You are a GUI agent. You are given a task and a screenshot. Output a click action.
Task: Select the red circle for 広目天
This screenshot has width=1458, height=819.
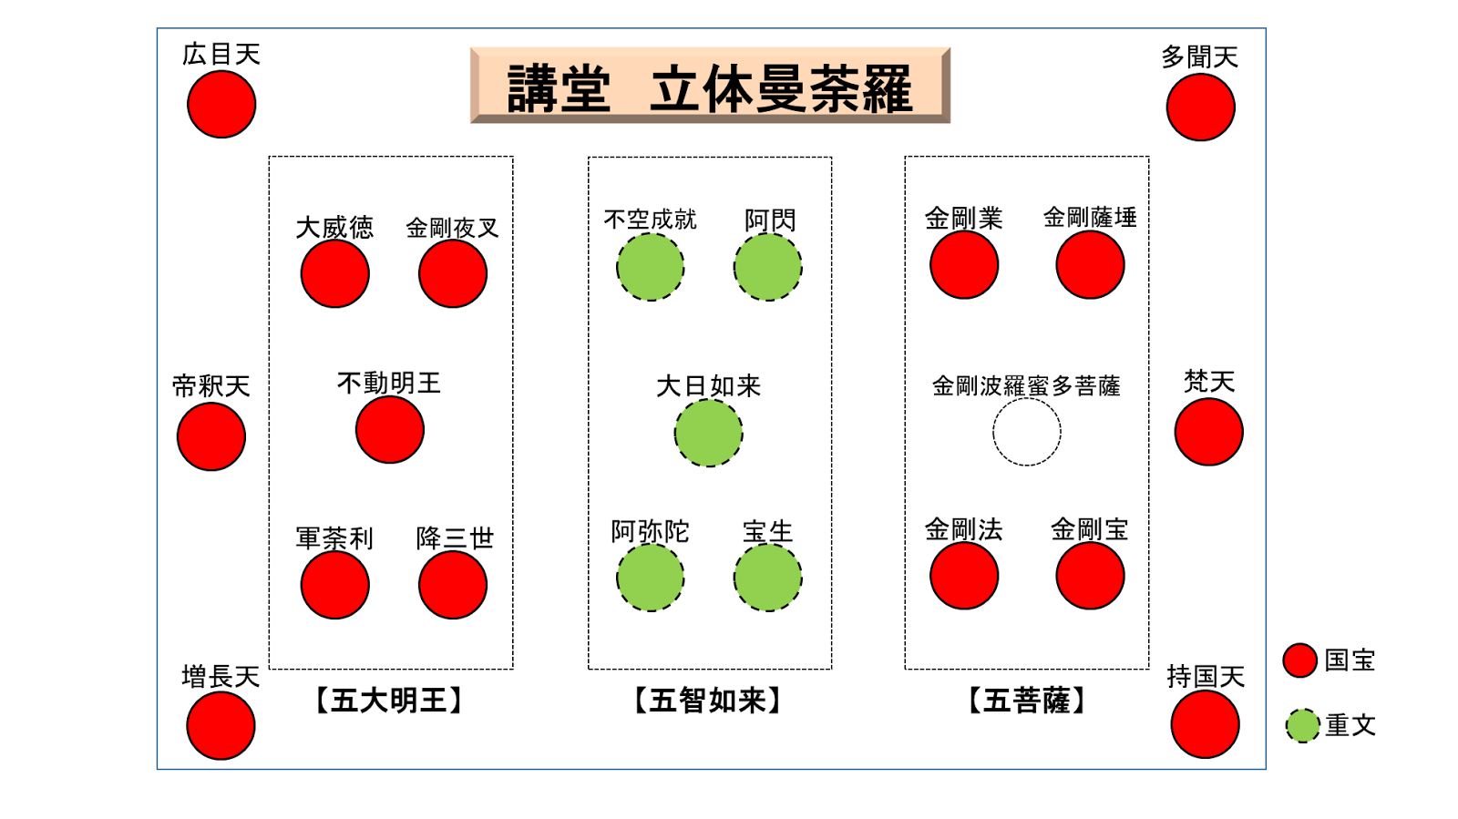[x=221, y=105]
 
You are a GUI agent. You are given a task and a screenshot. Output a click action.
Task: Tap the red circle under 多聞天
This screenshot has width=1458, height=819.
[x=1200, y=107]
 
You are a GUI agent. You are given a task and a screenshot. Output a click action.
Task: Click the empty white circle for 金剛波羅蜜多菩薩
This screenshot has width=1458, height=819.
[x=1026, y=432]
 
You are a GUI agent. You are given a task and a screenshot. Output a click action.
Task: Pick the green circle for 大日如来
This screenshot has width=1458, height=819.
[x=708, y=433]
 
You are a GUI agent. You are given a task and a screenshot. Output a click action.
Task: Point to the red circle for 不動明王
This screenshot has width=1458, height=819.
[x=390, y=429]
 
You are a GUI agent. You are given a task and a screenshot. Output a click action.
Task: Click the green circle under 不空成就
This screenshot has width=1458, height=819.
[x=650, y=267]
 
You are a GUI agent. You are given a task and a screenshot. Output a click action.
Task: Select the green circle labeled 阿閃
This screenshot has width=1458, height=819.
[x=767, y=267]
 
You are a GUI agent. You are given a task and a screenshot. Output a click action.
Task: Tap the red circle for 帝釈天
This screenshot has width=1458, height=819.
[x=211, y=436]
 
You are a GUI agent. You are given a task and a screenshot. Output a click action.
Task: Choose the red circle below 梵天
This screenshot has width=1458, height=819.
[x=1208, y=432]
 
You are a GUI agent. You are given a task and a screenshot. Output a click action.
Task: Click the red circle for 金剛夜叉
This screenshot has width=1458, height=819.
[x=453, y=273]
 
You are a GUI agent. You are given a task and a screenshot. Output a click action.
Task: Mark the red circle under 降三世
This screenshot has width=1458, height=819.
[x=453, y=585]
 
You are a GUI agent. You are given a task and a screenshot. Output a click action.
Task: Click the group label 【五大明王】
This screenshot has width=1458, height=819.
[x=389, y=701]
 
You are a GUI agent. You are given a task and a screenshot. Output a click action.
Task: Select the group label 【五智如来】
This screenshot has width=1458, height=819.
[x=708, y=701]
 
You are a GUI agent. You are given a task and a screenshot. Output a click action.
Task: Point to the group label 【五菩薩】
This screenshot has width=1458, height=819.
[x=1026, y=701]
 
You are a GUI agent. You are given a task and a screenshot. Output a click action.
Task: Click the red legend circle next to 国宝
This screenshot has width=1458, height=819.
[x=1299, y=660]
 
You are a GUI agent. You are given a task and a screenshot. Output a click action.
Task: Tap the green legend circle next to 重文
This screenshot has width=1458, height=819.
[x=1302, y=725]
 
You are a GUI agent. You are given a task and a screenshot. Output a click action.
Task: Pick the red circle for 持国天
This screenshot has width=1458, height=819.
[x=1205, y=724]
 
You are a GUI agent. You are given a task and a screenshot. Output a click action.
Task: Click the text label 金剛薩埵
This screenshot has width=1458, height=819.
[x=1090, y=218]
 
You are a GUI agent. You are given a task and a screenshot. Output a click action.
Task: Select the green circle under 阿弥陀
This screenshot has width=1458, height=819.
[x=650, y=578]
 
